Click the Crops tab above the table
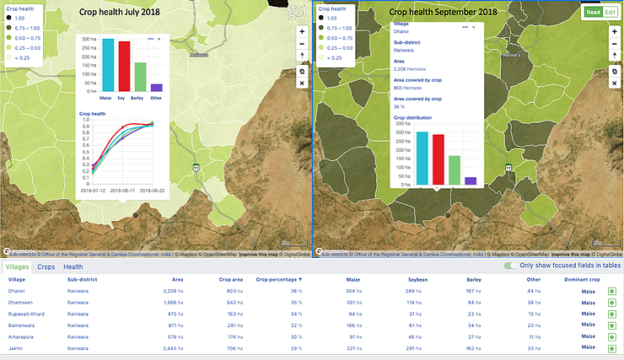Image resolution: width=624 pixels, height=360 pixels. pyautogui.click(x=46, y=266)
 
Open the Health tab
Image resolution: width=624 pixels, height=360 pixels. pyautogui.click(x=73, y=266)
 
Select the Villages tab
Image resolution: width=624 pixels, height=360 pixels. pyautogui.click(x=17, y=266)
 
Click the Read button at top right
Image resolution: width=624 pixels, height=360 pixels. pyautogui.click(x=593, y=13)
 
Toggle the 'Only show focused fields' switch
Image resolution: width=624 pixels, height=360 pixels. pyautogui.click(x=509, y=266)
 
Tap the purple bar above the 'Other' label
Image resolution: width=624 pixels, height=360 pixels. pyautogui.click(x=156, y=87)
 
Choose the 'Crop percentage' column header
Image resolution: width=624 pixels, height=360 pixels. pyautogui.click(x=278, y=278)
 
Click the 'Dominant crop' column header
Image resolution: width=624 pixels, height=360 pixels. pyautogui.click(x=583, y=278)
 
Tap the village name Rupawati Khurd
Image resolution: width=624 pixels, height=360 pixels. pyautogui.click(x=26, y=313)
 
